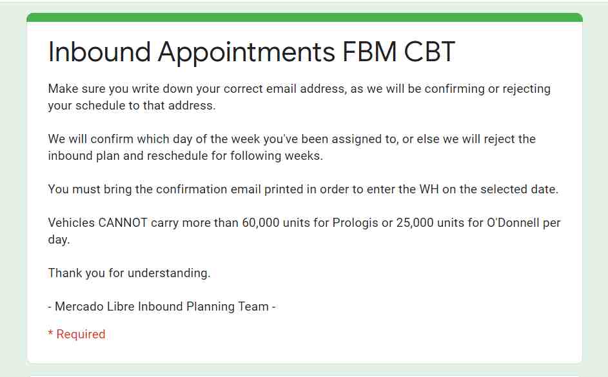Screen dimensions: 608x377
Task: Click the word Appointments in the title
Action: pos(246,52)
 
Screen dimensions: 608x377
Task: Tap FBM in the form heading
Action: pos(369,52)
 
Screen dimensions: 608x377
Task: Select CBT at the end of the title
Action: pos(429,52)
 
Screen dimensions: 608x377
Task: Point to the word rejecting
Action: pos(527,90)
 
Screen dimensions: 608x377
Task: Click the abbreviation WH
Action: pos(429,189)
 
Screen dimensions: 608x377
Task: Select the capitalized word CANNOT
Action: pos(123,223)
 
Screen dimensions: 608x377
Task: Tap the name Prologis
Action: pos(355,224)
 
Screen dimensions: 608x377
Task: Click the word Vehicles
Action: pos(72,223)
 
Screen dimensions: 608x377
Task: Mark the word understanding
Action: pos(169,273)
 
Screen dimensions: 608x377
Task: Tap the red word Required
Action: pos(81,334)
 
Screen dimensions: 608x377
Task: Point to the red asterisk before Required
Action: pos(50,333)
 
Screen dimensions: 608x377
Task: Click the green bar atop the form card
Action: pos(304,17)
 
